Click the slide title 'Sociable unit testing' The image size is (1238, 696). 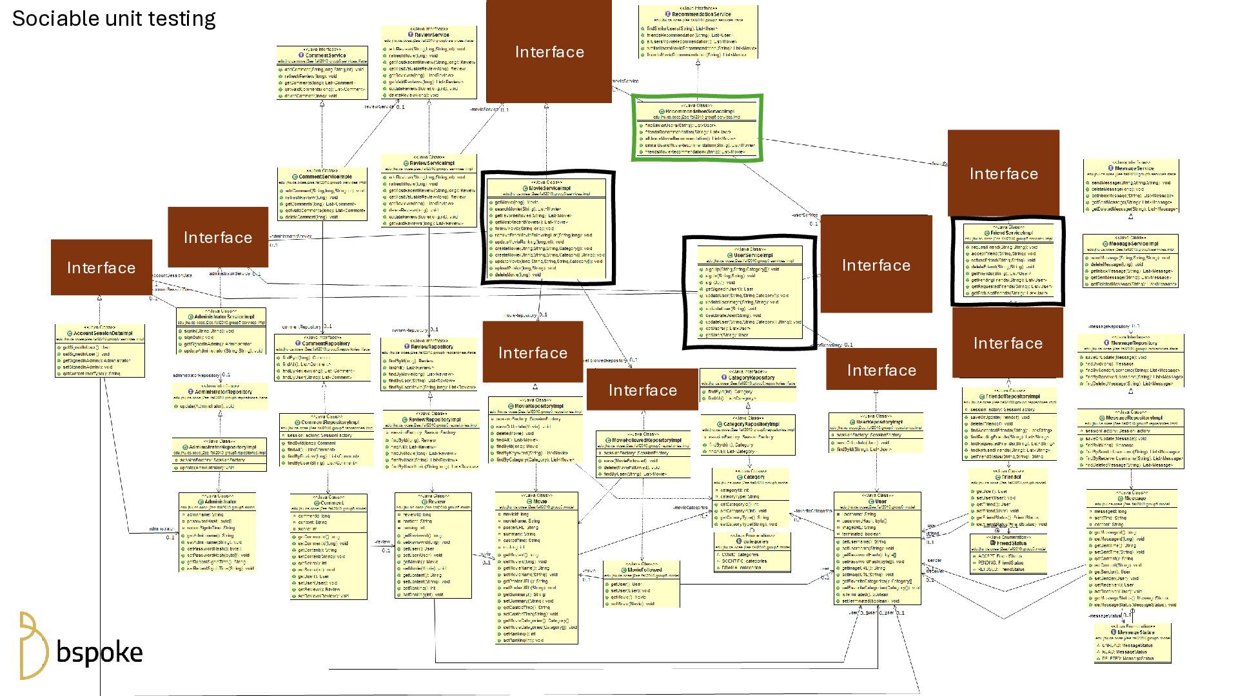(113, 19)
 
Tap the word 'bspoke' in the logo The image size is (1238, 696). (99, 652)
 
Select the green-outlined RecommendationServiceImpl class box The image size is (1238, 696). (697, 128)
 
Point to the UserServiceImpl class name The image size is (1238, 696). (752, 255)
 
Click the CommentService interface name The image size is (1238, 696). (325, 55)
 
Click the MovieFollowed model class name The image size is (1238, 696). (644, 570)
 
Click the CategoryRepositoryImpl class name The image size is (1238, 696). (751, 424)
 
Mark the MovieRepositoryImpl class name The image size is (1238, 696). (538, 406)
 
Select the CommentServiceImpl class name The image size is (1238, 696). (325, 177)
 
